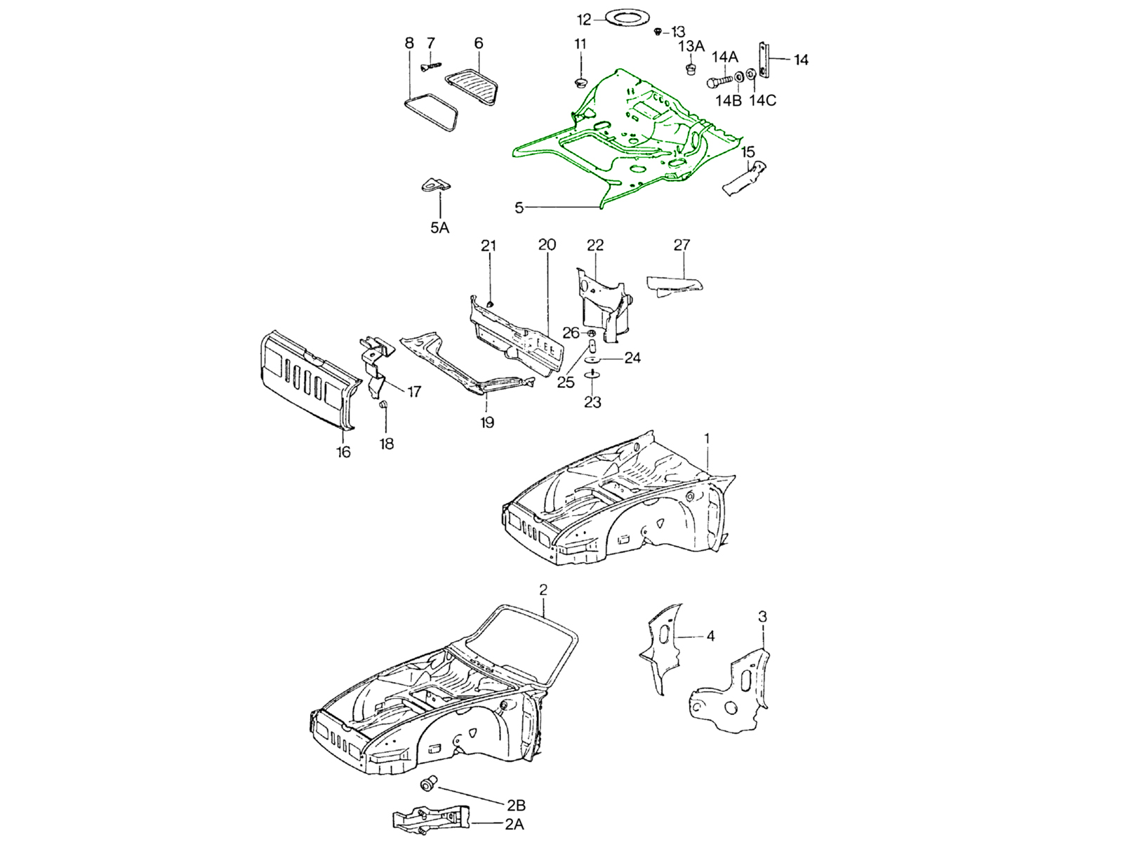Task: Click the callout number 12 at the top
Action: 584,20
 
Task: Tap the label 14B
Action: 728,100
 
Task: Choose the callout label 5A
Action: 439,227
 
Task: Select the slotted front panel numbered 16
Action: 305,379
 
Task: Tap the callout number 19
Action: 487,422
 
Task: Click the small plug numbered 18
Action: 383,405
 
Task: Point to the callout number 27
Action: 682,245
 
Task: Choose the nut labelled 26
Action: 591,332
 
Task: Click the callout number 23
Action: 593,402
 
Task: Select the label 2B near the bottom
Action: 516,806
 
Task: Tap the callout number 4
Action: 710,636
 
